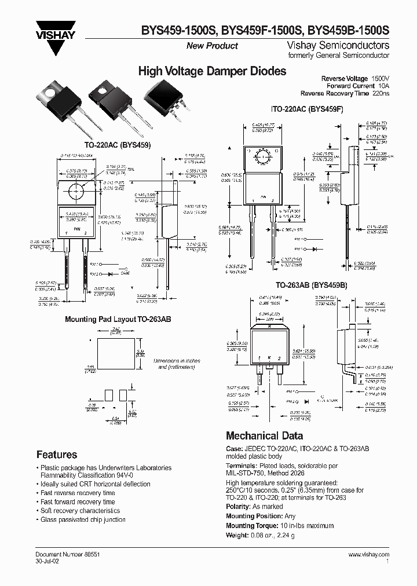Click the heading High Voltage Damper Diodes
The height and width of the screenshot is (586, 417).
tap(212, 72)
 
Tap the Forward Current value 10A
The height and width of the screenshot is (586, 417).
tap(383, 86)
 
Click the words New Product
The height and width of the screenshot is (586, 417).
tap(212, 46)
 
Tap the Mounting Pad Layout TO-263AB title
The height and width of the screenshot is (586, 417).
tap(118, 319)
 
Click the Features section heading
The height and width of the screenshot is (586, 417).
tap(57, 455)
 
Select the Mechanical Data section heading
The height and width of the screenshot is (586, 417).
tap(264, 436)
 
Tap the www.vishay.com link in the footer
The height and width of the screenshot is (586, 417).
tap(368, 555)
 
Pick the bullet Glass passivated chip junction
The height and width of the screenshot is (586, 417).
tap(82, 520)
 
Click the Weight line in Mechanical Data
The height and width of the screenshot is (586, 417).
tap(261, 535)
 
